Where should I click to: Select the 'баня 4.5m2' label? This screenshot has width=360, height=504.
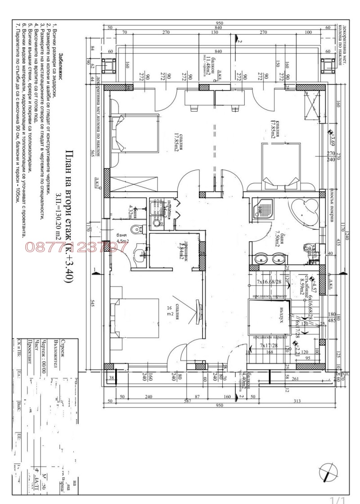(121, 238)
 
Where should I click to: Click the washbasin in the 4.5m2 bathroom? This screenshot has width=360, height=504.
(141, 255)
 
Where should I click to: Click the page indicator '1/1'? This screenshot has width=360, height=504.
(337, 499)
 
